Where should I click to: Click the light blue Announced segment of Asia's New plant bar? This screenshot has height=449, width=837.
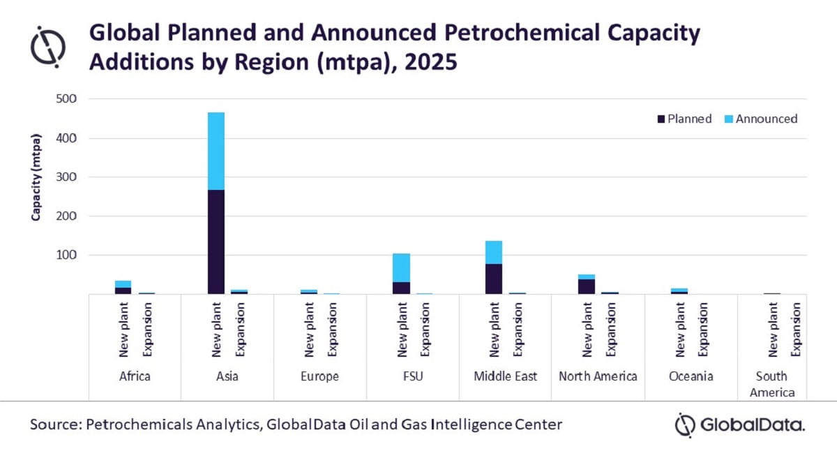pos(216,151)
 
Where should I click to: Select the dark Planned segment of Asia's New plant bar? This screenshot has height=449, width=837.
pos(216,242)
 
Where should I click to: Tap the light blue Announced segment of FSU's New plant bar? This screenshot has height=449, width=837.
pos(401,267)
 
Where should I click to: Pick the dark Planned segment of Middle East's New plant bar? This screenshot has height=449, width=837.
pos(494,279)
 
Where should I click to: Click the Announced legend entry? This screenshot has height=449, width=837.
pos(762,119)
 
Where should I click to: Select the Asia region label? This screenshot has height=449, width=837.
pos(227,376)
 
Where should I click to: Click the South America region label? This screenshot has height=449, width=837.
pos(772,384)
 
